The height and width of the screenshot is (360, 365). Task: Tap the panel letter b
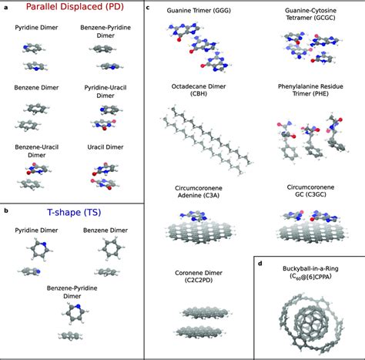tap(6, 210)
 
